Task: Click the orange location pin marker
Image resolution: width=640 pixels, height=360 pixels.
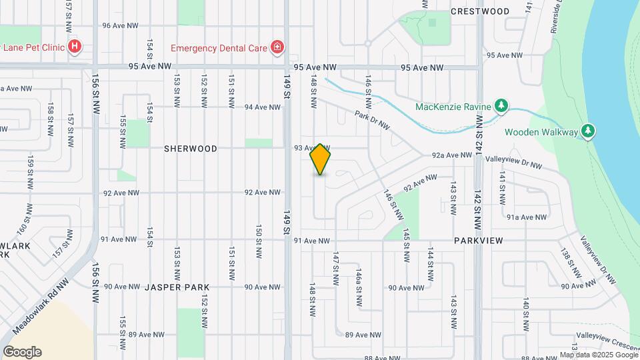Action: coord(321,159)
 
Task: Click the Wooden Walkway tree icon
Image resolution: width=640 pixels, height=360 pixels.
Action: coord(587,131)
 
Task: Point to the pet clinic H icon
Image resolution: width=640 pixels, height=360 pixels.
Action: coord(75,47)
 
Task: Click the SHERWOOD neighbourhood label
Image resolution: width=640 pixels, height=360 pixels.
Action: coord(191,149)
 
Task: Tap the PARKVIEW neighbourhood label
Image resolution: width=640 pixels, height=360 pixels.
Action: coord(478,240)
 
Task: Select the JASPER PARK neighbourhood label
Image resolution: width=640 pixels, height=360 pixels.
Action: coord(177,287)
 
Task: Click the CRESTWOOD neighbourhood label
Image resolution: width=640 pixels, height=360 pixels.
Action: coord(480,11)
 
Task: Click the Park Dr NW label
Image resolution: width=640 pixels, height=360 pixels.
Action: coord(371,121)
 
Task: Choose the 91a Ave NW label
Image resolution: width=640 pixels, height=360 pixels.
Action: coord(527,217)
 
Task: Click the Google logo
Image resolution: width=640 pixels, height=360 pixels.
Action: coord(22,352)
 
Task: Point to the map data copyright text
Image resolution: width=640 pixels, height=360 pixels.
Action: coord(599,355)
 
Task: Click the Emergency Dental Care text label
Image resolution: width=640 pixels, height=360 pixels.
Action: coord(219,47)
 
